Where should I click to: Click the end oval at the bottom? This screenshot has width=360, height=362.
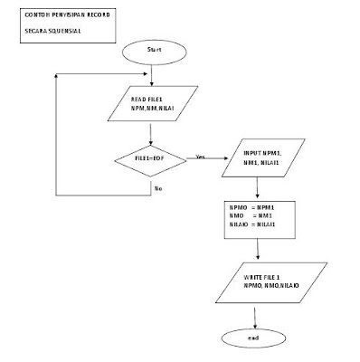pos(255,338)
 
